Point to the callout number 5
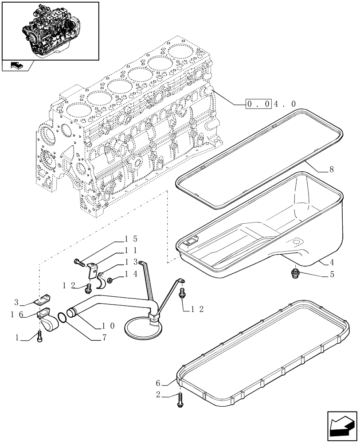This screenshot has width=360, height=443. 332,274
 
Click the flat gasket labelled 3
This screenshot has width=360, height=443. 44,300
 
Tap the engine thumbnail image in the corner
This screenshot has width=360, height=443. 50,31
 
